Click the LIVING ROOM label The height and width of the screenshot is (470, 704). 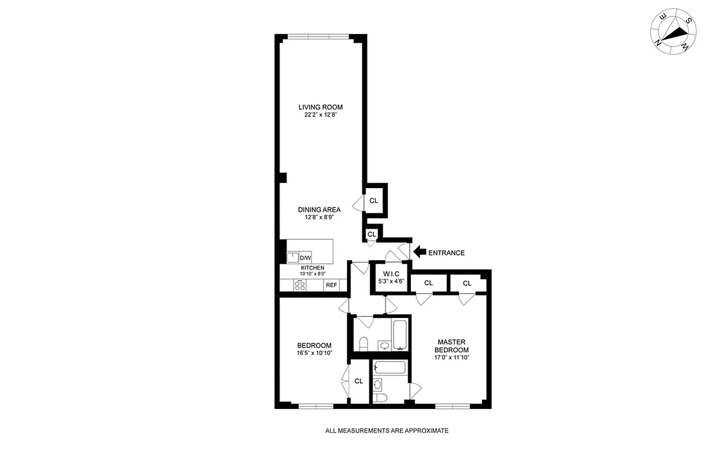tap(320, 107)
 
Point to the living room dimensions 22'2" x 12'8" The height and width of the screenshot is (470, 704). tap(320, 115)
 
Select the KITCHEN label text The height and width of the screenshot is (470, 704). tap(312, 268)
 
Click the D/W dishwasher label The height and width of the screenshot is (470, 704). tap(305, 258)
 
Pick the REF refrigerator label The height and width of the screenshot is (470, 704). tap(331, 286)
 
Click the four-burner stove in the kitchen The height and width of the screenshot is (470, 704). tap(300, 286)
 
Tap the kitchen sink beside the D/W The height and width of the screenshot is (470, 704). tap(292, 257)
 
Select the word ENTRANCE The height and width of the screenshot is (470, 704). tap(446, 253)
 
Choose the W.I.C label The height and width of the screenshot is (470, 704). tap(390, 273)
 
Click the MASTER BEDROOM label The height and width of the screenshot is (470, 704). tap(452, 346)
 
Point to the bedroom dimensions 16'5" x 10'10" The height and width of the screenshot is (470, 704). tap(314, 354)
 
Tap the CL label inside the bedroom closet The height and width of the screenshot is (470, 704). tap(358, 381)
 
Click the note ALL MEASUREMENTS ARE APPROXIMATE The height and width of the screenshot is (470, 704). tap(387, 431)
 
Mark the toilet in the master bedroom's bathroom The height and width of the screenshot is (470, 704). tap(380, 398)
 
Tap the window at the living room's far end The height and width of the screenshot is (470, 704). tap(320, 37)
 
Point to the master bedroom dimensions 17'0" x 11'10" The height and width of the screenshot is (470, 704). tap(452, 357)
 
